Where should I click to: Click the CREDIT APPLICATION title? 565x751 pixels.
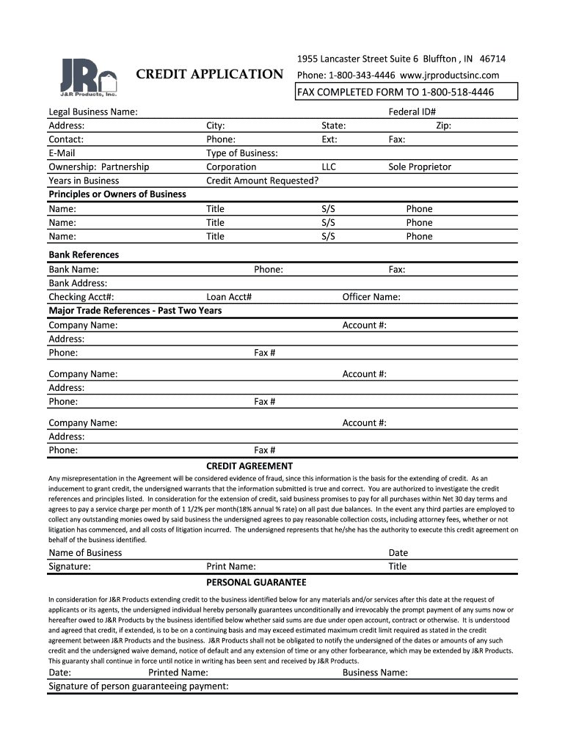pos(210,74)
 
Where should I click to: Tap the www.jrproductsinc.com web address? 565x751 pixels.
pos(449,75)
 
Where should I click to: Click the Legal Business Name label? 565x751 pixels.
pos(93,111)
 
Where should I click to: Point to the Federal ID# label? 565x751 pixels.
pos(412,111)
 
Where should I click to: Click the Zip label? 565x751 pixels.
pos(443,125)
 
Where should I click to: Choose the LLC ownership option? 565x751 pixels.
pos(329,166)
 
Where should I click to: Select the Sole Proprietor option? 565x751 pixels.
pos(420,166)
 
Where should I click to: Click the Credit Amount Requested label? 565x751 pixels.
pos(262,180)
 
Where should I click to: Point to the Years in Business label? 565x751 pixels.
pos(84,180)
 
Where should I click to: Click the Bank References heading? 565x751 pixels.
pos(84,254)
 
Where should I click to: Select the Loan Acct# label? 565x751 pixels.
pos(229,297)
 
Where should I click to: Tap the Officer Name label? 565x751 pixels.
pos(371,297)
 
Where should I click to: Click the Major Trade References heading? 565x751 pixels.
pos(135,310)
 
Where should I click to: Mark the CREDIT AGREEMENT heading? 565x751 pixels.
pos(249,466)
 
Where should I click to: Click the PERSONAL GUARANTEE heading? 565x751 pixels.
pos(256,582)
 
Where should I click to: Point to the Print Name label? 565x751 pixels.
pos(231,566)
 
